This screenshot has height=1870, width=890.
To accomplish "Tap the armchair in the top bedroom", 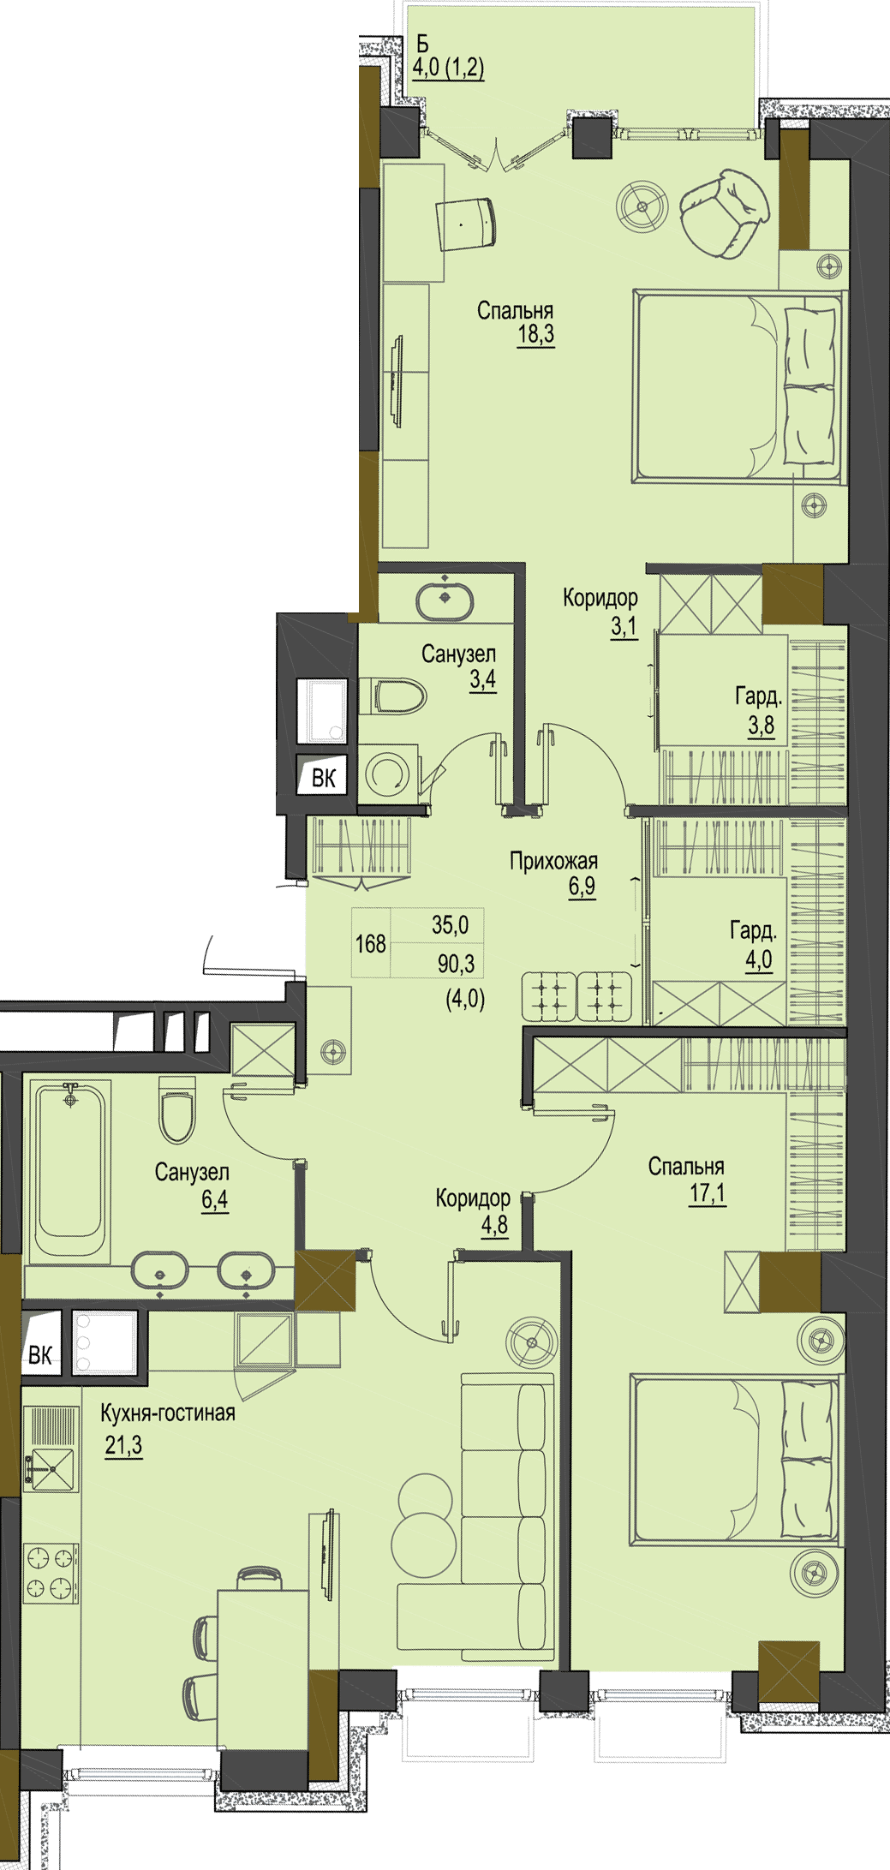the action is pyautogui.click(x=724, y=212).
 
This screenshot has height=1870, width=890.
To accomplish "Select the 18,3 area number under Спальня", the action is pyautogui.click(x=535, y=334).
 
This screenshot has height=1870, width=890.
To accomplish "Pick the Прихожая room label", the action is pyautogui.click(x=553, y=861).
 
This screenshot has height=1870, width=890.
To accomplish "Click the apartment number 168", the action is pyautogui.click(x=371, y=944).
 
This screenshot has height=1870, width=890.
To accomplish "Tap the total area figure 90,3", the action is pyautogui.click(x=456, y=965).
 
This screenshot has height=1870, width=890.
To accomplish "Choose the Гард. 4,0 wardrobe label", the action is pyautogui.click(x=754, y=945).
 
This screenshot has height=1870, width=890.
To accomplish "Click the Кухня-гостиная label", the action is pyautogui.click(x=168, y=1413).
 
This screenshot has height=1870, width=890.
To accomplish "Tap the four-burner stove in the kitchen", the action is pyautogui.click(x=51, y=1572).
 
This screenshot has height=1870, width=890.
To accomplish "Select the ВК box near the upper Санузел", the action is pyautogui.click(x=324, y=777).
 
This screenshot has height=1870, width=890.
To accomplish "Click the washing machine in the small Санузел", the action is pyautogui.click(x=388, y=772).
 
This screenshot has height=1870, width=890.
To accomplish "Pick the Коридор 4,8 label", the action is pyautogui.click(x=473, y=1211).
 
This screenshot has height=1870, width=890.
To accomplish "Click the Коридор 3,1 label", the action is pyautogui.click(x=600, y=612).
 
